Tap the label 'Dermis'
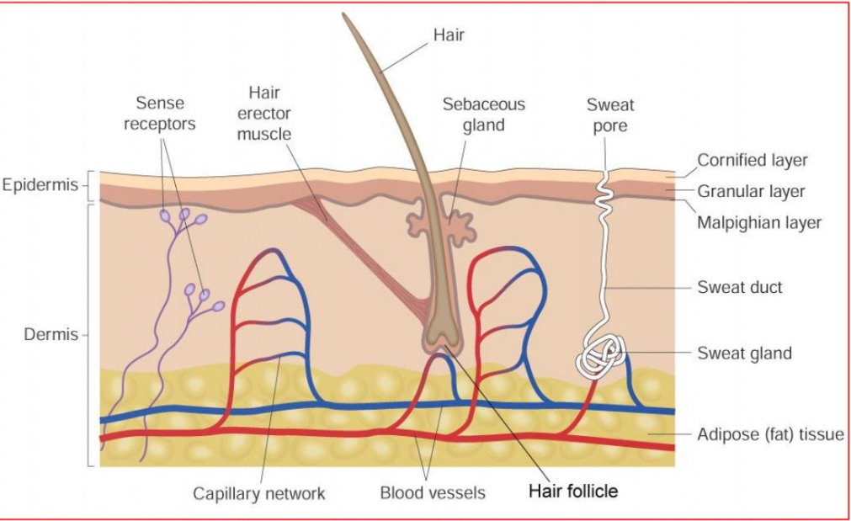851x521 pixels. tap(51, 334)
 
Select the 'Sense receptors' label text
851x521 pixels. tap(160, 114)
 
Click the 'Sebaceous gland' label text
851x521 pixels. tap(483, 114)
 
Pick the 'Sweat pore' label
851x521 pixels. tap(610, 115)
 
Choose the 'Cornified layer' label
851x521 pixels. tap(752, 160)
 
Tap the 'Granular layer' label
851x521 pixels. tap(751, 191)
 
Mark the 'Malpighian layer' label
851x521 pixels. tap(759, 223)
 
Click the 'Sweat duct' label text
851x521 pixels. tap(740, 287)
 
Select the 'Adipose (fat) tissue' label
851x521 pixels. tap(770, 435)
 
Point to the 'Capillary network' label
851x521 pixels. tap(258, 493)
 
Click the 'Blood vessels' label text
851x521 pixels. tap(433, 493)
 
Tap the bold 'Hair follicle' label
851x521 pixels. tap(572, 491)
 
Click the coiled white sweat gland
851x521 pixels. tap(601, 357)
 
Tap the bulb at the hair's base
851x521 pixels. tap(441, 332)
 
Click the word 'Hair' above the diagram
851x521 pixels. tap(449, 35)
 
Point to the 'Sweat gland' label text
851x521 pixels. tap(744, 353)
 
